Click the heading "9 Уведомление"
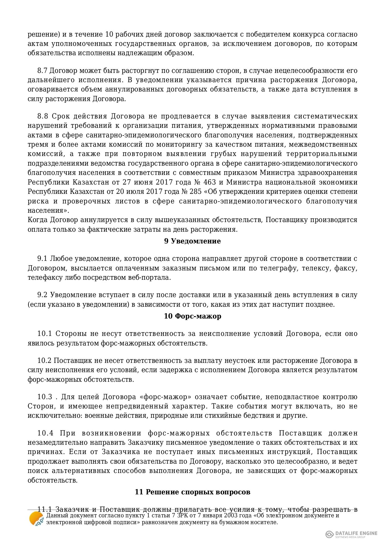(192, 241)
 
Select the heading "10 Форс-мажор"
(192, 316)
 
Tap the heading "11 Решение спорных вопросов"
(192, 492)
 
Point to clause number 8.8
(43, 116)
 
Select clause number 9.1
(42, 259)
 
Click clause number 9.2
(42, 295)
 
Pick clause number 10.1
(44, 334)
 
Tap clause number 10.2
(44, 361)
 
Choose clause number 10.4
(45, 433)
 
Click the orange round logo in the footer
(36, 519)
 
